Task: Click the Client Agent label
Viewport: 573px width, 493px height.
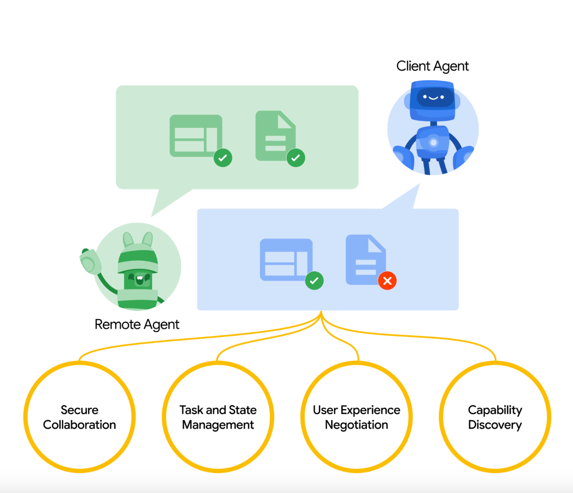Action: pos(433,66)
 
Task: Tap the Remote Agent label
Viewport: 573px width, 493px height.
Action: pos(137,324)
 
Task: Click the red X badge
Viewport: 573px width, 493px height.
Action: pos(387,281)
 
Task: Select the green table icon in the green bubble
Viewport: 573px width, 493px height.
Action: pos(196,136)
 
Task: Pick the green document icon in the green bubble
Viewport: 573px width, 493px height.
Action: pos(275,135)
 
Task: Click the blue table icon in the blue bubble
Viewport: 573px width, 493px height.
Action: pos(286,260)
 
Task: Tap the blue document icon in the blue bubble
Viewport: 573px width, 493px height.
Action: pos(366,260)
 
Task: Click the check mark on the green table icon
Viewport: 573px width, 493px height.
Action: pos(223,158)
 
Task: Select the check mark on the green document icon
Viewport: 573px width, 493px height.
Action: pos(296,158)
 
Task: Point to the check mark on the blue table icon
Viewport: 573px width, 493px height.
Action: pos(314,281)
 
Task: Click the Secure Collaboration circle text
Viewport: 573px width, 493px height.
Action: pos(80,417)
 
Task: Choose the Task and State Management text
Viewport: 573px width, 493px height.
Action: pos(218,417)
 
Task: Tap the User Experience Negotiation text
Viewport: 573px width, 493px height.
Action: pos(357,417)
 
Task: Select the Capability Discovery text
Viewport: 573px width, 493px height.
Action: pos(495,417)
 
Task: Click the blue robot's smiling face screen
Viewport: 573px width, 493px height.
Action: pos(434,97)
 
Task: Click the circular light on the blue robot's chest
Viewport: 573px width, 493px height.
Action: pos(433,143)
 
